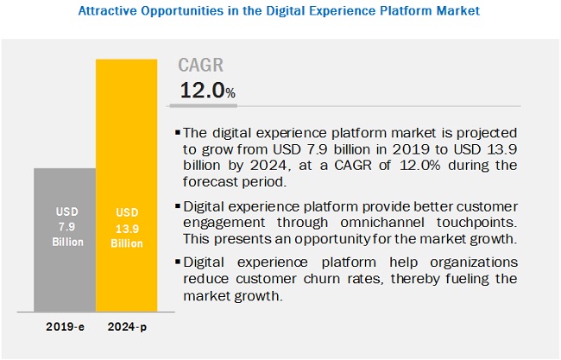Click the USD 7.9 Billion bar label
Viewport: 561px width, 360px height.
[65, 227]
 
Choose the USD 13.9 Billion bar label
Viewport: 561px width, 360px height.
[126, 227]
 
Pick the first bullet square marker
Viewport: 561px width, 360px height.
[178, 134]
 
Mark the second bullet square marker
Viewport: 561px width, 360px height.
[178, 206]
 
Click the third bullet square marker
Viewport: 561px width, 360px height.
[178, 262]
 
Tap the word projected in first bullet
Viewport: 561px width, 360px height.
[482, 134]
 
